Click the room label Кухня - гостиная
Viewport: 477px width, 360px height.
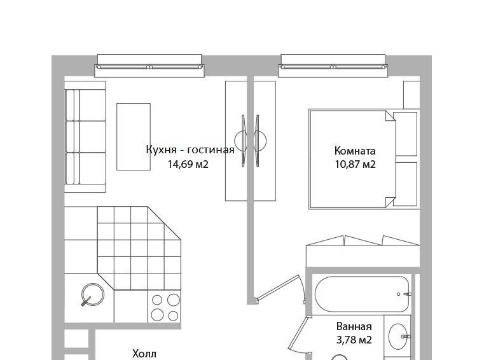(x=190, y=150)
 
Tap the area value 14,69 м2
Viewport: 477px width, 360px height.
(x=188, y=164)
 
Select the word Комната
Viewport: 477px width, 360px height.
(x=355, y=151)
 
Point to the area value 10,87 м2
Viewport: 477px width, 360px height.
(x=356, y=164)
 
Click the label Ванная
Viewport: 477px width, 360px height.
(x=354, y=326)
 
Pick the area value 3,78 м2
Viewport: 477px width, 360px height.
(x=354, y=340)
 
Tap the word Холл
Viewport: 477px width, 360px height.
(x=144, y=354)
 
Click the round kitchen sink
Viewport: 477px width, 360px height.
(x=93, y=294)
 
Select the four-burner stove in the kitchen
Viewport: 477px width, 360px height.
(x=164, y=307)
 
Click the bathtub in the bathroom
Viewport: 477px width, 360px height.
(x=362, y=294)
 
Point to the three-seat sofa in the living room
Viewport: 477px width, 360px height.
(x=85, y=137)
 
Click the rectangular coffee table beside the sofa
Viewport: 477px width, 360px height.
(x=134, y=137)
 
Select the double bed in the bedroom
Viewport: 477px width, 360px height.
(x=352, y=159)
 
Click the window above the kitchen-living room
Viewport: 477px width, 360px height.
(x=149, y=66)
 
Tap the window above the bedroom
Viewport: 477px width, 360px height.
(x=333, y=66)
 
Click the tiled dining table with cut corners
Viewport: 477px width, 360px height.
(x=139, y=248)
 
